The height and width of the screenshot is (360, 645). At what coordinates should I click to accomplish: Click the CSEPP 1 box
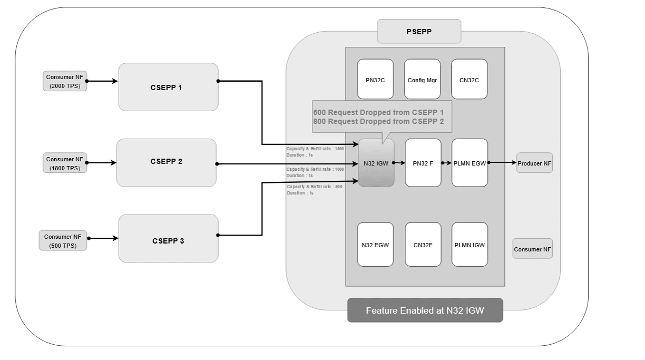click(168, 87)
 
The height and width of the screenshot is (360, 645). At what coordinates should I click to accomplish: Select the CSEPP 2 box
click(166, 162)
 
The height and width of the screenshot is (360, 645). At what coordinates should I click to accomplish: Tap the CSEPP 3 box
click(168, 238)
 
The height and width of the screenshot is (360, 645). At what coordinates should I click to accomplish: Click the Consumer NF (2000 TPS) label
click(65, 81)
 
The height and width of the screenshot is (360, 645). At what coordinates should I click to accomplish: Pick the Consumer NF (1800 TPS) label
click(65, 163)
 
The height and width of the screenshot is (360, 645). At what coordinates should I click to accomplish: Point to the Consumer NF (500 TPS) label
click(63, 241)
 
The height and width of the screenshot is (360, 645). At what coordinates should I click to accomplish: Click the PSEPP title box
click(419, 32)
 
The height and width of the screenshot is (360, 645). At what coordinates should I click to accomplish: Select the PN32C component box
click(375, 80)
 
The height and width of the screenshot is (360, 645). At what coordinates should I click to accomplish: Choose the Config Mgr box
click(422, 80)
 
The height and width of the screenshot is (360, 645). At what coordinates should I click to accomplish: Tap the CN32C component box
click(469, 80)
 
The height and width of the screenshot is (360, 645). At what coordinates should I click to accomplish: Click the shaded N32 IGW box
click(376, 163)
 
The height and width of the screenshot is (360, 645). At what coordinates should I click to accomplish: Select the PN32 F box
click(423, 163)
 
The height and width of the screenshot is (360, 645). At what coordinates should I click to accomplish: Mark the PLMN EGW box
click(470, 163)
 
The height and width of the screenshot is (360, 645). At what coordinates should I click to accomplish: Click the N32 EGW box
click(375, 245)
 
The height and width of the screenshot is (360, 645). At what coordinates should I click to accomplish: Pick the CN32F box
click(423, 245)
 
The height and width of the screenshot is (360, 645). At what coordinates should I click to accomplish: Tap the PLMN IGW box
click(470, 245)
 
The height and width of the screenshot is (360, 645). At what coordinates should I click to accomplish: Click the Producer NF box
click(534, 163)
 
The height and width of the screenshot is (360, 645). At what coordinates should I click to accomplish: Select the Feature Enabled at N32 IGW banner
click(425, 310)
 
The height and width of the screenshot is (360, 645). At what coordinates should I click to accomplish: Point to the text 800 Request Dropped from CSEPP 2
click(378, 122)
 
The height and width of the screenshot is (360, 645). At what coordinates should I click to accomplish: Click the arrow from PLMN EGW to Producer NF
click(502, 163)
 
